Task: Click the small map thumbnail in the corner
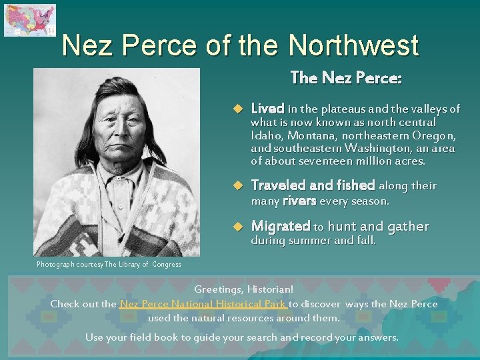click(x=29, y=20)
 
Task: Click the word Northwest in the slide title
click(x=353, y=46)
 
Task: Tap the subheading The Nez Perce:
click(x=346, y=78)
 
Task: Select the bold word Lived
click(x=267, y=109)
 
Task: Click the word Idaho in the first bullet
click(x=265, y=135)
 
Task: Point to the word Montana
click(x=307, y=135)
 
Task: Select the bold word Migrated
click(x=280, y=227)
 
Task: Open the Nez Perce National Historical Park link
click(x=203, y=304)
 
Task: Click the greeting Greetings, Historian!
click(x=243, y=290)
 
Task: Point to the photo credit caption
click(x=109, y=265)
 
